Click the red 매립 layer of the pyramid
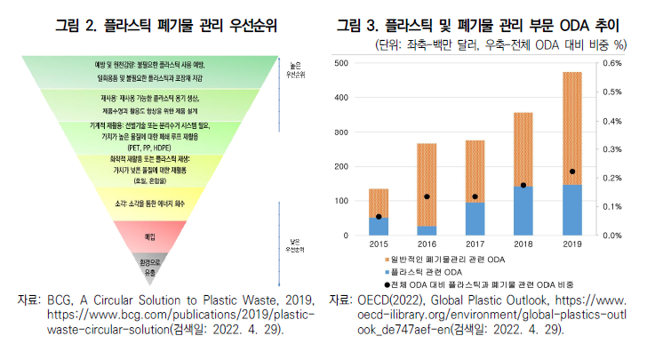pos(149,236)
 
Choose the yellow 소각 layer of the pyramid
pos(149,205)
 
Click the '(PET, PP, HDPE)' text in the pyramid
pos(149,148)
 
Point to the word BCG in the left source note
pos(58,300)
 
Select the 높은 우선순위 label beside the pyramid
pos(296,70)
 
